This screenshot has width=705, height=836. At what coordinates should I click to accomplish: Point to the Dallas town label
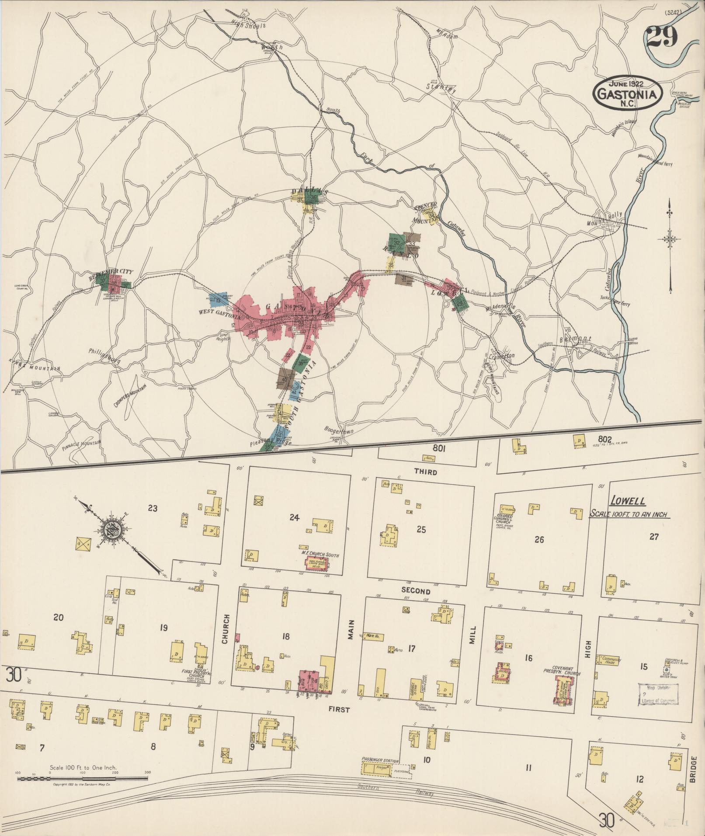tap(309, 191)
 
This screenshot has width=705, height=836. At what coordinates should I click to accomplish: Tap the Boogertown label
tap(339, 430)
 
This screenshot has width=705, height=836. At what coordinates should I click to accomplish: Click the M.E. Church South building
tap(315, 564)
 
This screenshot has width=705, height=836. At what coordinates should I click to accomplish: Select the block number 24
tap(294, 518)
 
